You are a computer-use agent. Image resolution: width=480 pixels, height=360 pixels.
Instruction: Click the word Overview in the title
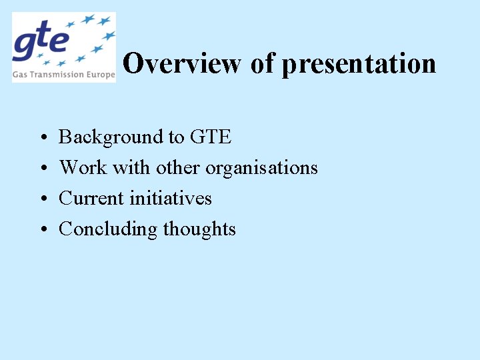[182, 64]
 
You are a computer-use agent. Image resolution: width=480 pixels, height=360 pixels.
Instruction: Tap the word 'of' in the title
[262, 64]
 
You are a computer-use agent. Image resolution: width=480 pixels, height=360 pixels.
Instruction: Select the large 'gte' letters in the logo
[41, 41]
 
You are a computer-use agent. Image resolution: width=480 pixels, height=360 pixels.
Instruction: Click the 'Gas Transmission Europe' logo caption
[64, 75]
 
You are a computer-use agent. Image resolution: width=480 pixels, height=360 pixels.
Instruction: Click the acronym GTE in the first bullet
[211, 137]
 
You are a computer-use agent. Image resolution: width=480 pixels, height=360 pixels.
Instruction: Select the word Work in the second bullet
[83, 167]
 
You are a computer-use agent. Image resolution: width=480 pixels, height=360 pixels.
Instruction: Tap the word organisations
[261, 168]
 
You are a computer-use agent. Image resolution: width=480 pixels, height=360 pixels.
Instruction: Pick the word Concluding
[108, 229]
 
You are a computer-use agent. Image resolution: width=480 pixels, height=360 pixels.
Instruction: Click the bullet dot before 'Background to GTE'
[42, 138]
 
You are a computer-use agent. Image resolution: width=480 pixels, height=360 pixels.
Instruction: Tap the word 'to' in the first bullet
[176, 137]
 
